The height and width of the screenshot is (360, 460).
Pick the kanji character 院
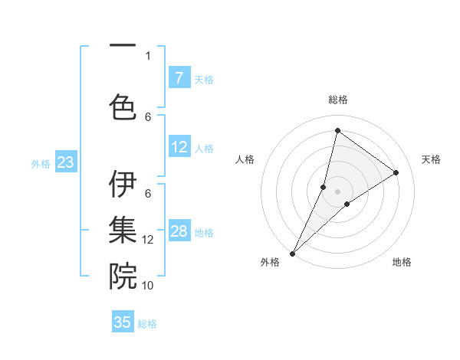click(123, 276)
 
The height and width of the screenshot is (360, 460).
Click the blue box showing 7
click(179, 78)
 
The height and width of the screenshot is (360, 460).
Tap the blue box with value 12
click(179, 147)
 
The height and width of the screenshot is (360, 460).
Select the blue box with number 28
click(179, 231)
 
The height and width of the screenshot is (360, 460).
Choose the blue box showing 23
click(65, 162)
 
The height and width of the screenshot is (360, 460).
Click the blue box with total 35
click(123, 322)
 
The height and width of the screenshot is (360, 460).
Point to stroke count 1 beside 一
click(148, 55)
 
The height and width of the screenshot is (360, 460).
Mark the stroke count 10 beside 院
click(148, 285)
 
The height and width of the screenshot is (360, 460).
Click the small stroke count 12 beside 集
click(148, 240)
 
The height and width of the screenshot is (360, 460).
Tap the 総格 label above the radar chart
click(338, 100)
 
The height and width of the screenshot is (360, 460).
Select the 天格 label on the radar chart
click(431, 159)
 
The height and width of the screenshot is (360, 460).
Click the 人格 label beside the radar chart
click(245, 159)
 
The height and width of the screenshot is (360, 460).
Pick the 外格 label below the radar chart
click(270, 262)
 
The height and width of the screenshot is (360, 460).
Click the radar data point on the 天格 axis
click(396, 172)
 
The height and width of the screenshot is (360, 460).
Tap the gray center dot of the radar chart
click(338, 191)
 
